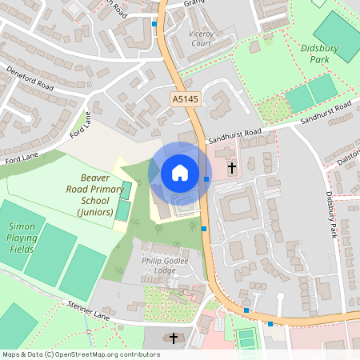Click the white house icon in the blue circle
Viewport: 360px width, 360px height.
180,172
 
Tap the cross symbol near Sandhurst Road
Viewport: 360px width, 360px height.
232,168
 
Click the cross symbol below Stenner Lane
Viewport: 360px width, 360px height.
174,338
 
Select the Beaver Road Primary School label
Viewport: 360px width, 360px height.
96,194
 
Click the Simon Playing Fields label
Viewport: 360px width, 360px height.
22,238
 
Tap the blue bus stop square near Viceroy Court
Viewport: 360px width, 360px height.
154,24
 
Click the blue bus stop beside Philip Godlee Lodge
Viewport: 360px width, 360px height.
204,230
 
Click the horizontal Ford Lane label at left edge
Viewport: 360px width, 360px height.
17,161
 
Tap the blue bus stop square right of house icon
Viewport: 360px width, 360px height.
206,179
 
